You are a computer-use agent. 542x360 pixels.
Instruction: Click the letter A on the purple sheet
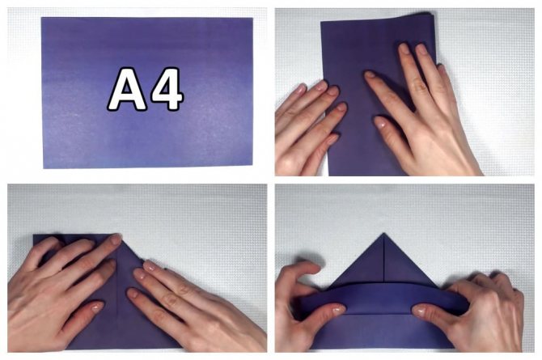[127, 89]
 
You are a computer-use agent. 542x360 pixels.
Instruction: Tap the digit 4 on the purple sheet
[167, 88]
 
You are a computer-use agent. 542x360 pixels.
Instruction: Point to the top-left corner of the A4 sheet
[41, 18]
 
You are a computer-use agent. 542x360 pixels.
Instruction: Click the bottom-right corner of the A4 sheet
[252, 164]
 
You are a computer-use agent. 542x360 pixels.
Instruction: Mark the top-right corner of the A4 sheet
[252, 19]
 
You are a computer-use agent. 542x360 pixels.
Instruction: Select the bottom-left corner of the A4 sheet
[44, 168]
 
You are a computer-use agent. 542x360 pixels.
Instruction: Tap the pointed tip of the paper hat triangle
[383, 234]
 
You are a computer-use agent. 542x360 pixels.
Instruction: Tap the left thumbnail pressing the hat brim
[339, 309]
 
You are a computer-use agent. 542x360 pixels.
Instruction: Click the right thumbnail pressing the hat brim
[419, 311]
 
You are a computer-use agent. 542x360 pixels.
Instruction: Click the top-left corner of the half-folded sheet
[321, 23]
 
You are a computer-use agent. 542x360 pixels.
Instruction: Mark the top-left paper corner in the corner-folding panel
[33, 235]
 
